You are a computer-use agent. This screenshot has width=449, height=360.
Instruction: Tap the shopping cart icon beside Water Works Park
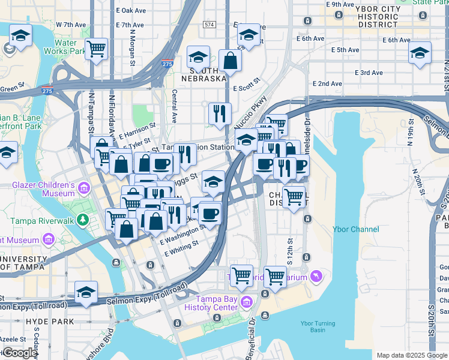coord(96,49)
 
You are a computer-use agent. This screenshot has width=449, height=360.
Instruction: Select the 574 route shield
coord(209,25)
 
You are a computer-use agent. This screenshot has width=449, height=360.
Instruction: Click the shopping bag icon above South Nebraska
coord(231,60)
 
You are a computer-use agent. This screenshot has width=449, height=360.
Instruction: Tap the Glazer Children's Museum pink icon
coord(83,189)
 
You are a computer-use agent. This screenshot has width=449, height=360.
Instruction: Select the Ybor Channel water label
coord(356,229)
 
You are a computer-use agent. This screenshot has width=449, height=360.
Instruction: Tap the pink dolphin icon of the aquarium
coord(316,276)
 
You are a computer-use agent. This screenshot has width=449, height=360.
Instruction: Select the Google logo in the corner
coord(19,353)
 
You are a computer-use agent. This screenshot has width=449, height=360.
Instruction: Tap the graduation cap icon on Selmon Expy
coord(86,293)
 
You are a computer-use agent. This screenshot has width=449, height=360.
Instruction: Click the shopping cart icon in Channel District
coord(294,196)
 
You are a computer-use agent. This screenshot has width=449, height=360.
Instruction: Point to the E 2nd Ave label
coord(327,83)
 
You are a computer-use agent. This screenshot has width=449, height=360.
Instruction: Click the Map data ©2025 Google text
coord(411,355)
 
